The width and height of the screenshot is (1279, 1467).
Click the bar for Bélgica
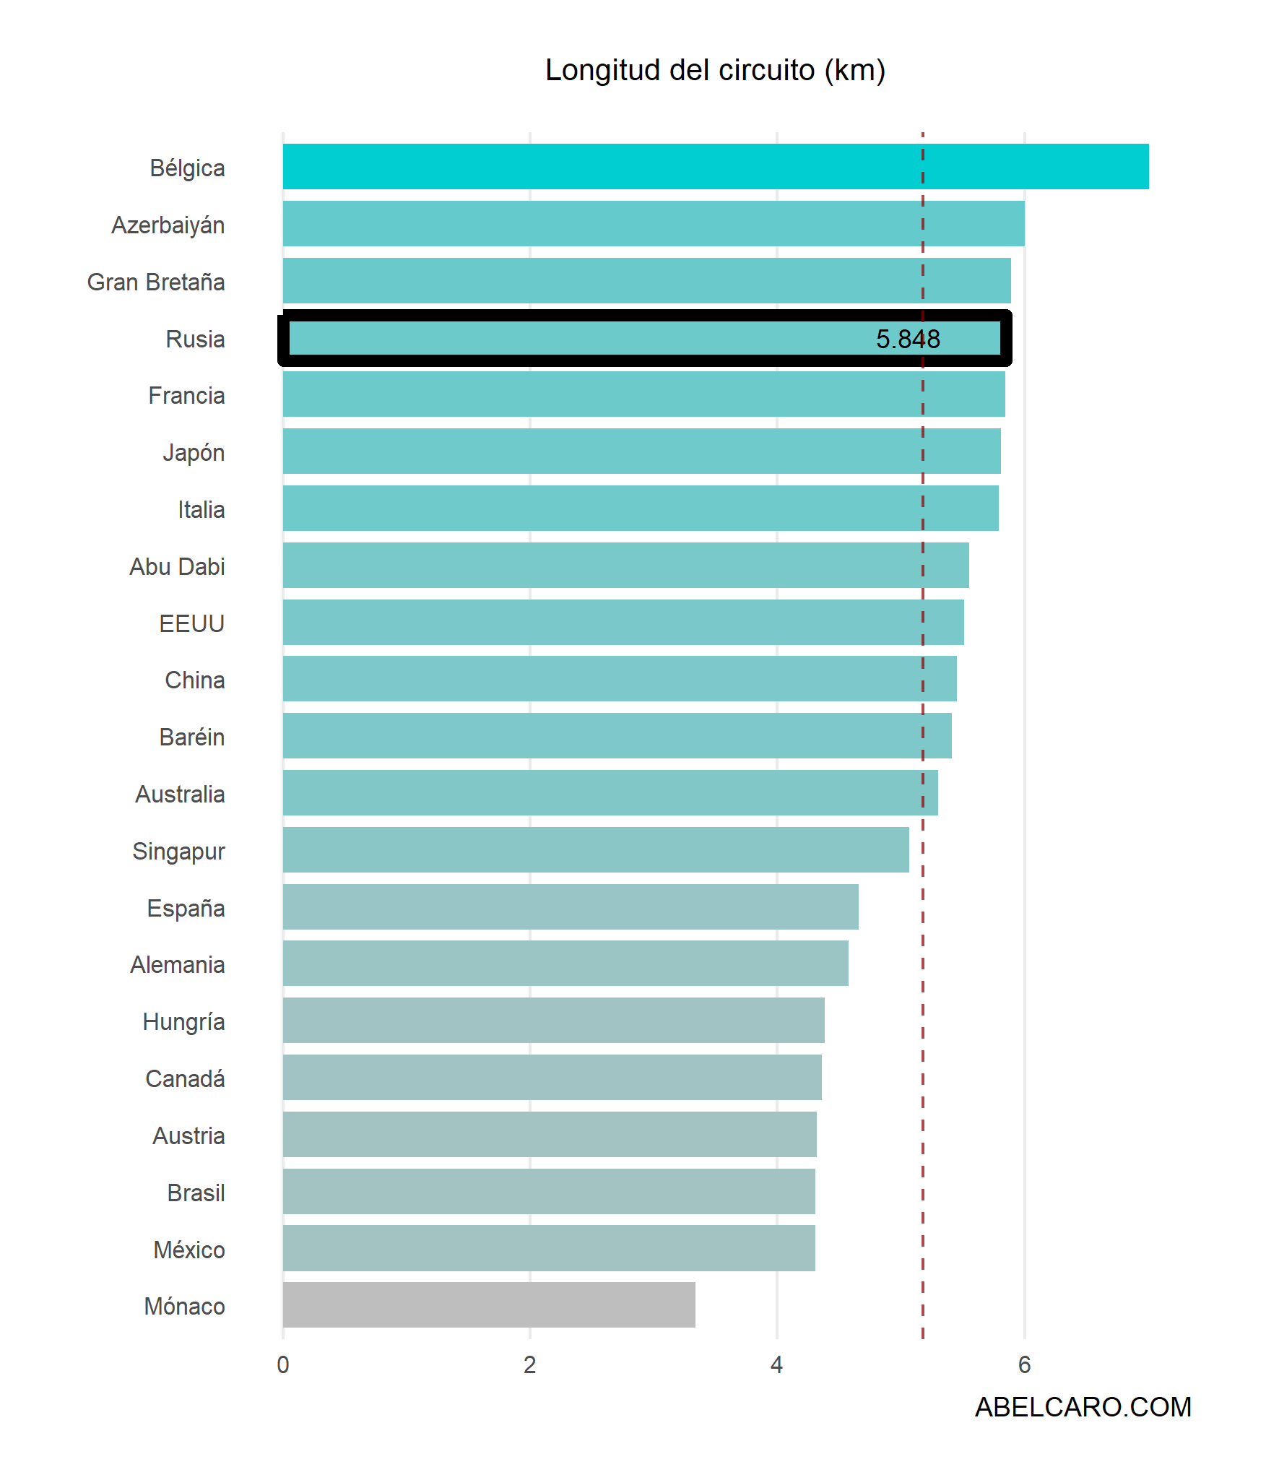[715, 167]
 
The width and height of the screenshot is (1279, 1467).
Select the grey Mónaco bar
[489, 1304]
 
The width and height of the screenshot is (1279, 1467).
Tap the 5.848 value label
[908, 339]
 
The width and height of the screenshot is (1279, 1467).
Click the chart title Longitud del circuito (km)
[715, 70]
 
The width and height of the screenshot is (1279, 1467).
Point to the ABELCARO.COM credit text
[1083, 1407]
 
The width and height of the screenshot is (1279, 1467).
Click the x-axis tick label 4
[776, 1364]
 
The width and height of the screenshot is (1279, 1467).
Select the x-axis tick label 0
[283, 1364]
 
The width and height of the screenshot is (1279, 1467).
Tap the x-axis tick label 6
[1024, 1364]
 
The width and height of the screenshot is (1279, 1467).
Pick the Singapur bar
[596, 849]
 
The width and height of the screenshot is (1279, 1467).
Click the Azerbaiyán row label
[168, 225]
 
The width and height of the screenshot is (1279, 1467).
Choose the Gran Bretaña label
[156, 282]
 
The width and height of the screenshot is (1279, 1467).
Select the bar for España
[571, 906]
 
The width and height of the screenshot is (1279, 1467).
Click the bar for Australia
[610, 792]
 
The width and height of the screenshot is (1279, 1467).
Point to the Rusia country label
[195, 339]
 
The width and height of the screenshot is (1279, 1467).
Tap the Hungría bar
[553, 1020]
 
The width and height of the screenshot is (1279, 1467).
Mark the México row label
[189, 1250]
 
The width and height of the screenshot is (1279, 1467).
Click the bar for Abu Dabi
[625, 565]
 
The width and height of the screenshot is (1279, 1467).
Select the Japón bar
[641, 451]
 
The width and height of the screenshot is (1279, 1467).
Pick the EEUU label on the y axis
[192, 623]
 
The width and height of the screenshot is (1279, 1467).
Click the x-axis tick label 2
[529, 1364]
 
